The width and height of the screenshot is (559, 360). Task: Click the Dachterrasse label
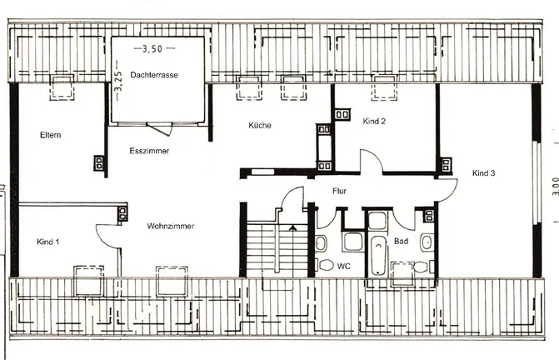[x=154, y=75]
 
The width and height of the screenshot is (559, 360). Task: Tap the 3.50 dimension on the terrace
[x=152, y=49]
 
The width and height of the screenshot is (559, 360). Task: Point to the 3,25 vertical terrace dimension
[x=118, y=81]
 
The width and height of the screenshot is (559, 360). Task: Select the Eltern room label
[x=51, y=135]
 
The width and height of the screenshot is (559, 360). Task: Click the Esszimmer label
[x=149, y=151]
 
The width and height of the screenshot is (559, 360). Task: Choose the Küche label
[x=260, y=126]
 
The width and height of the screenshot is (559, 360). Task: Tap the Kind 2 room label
[x=374, y=121]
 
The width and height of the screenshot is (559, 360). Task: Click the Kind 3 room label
[x=483, y=173]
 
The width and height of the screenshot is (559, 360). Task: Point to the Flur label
[x=339, y=191]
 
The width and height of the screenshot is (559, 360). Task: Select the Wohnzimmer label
[x=171, y=226]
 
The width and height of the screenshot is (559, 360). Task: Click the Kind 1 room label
[x=48, y=242]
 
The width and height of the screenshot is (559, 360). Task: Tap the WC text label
[x=344, y=267]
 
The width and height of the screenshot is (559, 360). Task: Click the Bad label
[x=401, y=242]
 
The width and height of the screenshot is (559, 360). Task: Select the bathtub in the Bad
[x=378, y=255]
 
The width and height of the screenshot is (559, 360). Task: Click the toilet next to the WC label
[x=325, y=265]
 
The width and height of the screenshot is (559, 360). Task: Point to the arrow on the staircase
[x=292, y=228]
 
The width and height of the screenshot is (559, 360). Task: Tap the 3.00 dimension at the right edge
[x=555, y=187]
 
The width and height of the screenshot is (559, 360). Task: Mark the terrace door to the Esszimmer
[x=160, y=129]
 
